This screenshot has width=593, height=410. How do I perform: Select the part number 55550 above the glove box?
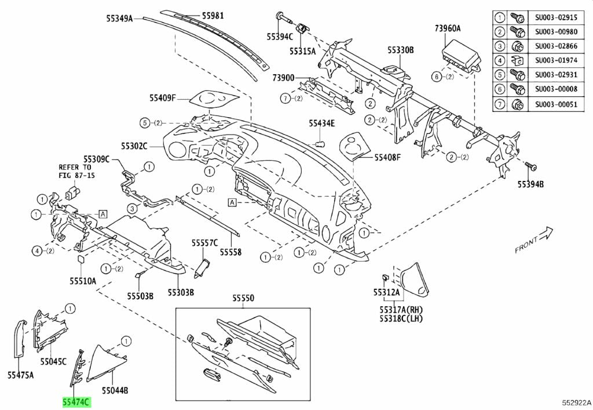coord(244,298)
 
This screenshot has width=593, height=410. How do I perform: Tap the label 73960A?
coord(448,28)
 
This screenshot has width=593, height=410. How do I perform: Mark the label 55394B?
coord(531,185)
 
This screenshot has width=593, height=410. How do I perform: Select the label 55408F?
coord(387,157)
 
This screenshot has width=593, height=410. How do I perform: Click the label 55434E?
coord(321,123)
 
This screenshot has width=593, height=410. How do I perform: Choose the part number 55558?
coord(230,252)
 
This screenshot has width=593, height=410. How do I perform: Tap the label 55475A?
coord(20,375)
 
